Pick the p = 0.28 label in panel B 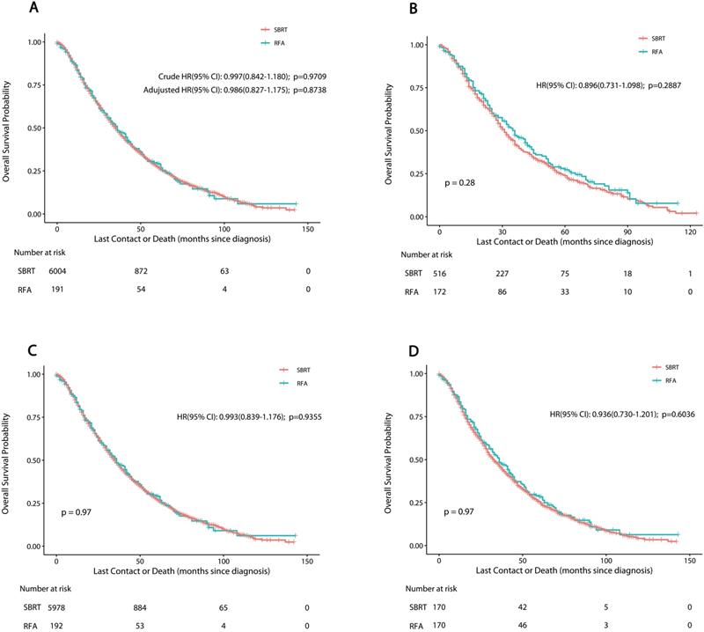459,182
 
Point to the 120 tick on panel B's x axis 692,231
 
